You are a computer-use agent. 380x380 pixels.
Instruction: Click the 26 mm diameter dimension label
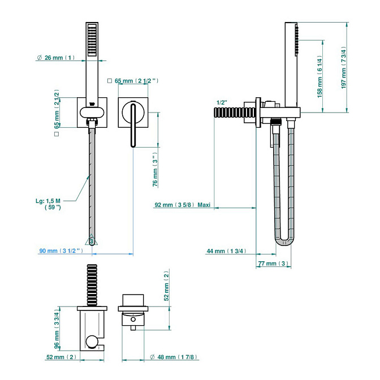tap(55, 58)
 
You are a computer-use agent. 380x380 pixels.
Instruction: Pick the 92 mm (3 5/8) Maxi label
tap(182, 205)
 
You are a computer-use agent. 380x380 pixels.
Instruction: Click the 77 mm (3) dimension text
tap(273, 264)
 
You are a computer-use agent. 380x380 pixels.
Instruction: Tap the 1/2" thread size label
tap(222, 102)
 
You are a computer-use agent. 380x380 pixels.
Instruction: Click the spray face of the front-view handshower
tap(92, 41)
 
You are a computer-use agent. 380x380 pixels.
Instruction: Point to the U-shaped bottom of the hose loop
tap(285, 244)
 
